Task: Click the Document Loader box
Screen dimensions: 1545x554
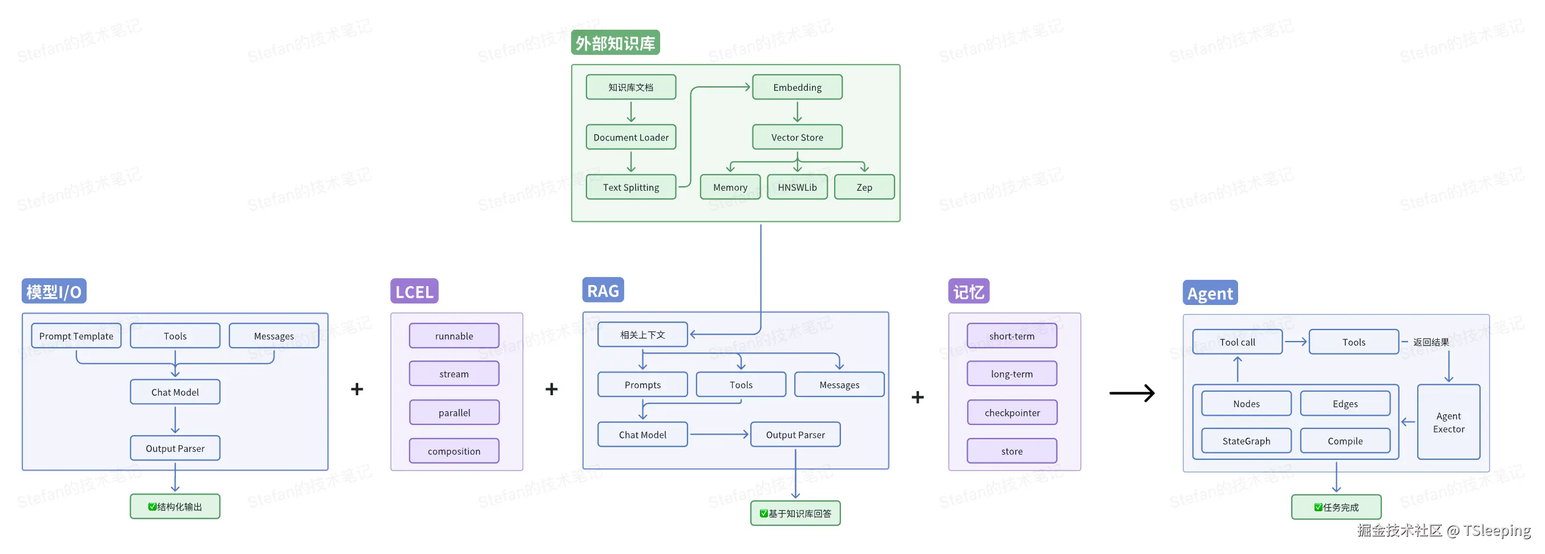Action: pos(630,137)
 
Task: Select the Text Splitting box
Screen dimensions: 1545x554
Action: pos(630,187)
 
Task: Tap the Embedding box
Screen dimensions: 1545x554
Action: pos(797,87)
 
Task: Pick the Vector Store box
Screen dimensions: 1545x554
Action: pos(797,137)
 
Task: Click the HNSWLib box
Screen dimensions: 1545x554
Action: pos(797,187)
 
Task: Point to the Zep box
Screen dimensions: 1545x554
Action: pos(864,187)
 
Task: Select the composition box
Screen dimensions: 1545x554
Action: pos(454,451)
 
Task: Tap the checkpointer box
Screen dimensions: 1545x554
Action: pos(1012,412)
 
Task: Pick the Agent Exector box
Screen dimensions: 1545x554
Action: pos(1449,422)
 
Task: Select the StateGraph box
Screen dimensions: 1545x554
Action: pos(1246,440)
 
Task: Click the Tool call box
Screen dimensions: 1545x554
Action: pos(1237,342)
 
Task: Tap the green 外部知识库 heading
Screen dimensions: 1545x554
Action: pos(616,43)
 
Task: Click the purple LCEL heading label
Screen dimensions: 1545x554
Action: pos(414,291)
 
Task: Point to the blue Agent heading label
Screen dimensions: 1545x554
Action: pos(1210,292)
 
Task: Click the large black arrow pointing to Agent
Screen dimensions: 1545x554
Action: pos(1132,393)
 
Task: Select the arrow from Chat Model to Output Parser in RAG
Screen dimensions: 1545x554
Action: pos(718,434)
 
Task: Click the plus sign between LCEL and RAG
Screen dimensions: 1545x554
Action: pos(551,389)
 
